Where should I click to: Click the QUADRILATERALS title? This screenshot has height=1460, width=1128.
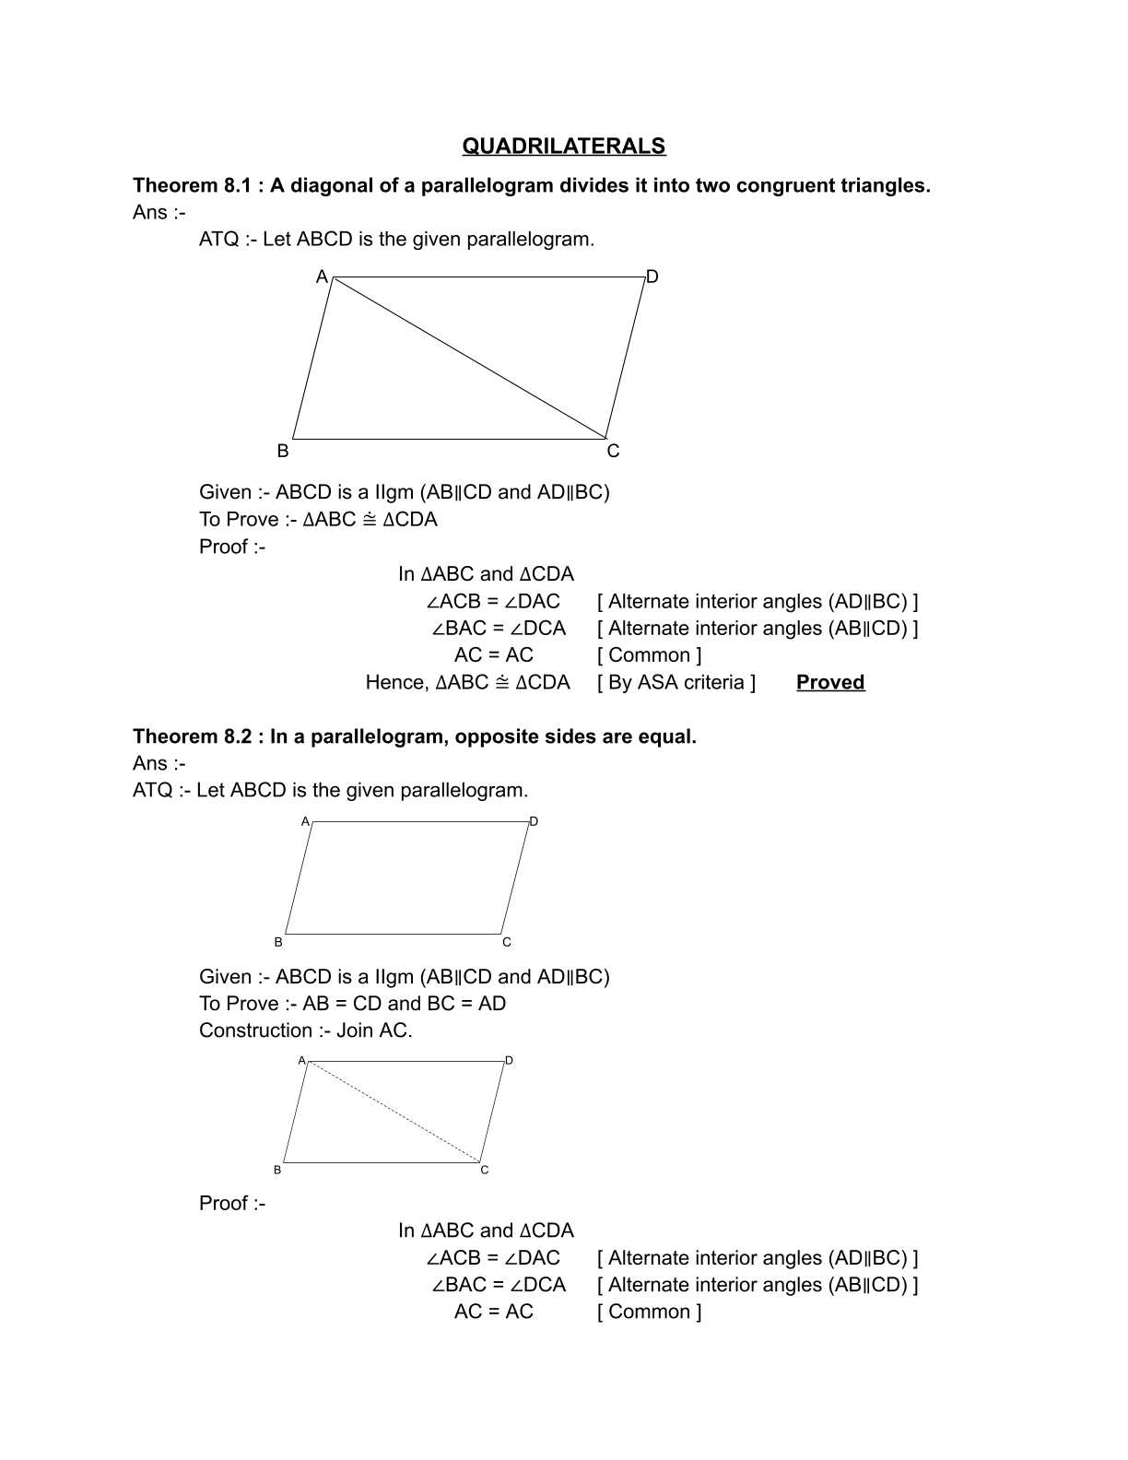coord(563,146)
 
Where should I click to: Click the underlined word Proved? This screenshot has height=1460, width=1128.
coord(829,682)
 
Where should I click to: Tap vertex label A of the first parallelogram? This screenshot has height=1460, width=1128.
coord(322,277)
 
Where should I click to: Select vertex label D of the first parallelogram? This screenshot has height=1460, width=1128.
coord(652,277)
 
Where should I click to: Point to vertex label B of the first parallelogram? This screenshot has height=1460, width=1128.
coord(283,451)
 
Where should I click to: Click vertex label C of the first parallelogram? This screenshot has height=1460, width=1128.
coord(613,451)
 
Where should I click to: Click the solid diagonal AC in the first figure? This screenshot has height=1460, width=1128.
coord(468,358)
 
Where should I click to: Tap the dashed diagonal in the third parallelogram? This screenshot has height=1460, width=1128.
coord(394,1112)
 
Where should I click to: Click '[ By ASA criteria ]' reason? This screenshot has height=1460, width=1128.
coord(676,682)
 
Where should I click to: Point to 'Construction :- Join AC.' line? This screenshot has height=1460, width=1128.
coord(305,1030)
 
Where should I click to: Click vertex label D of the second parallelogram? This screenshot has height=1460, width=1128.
coord(534,821)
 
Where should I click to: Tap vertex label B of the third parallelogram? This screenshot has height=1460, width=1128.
coord(277,1170)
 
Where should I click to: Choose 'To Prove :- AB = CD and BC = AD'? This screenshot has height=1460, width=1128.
coord(352,1004)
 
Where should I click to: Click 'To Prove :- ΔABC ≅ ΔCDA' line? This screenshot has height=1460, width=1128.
coord(318,519)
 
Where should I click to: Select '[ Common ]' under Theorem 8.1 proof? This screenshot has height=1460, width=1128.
coord(649,655)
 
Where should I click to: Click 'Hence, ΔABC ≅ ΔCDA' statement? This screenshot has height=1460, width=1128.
coord(467,682)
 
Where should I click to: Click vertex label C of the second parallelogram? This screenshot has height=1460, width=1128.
coord(507,942)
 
